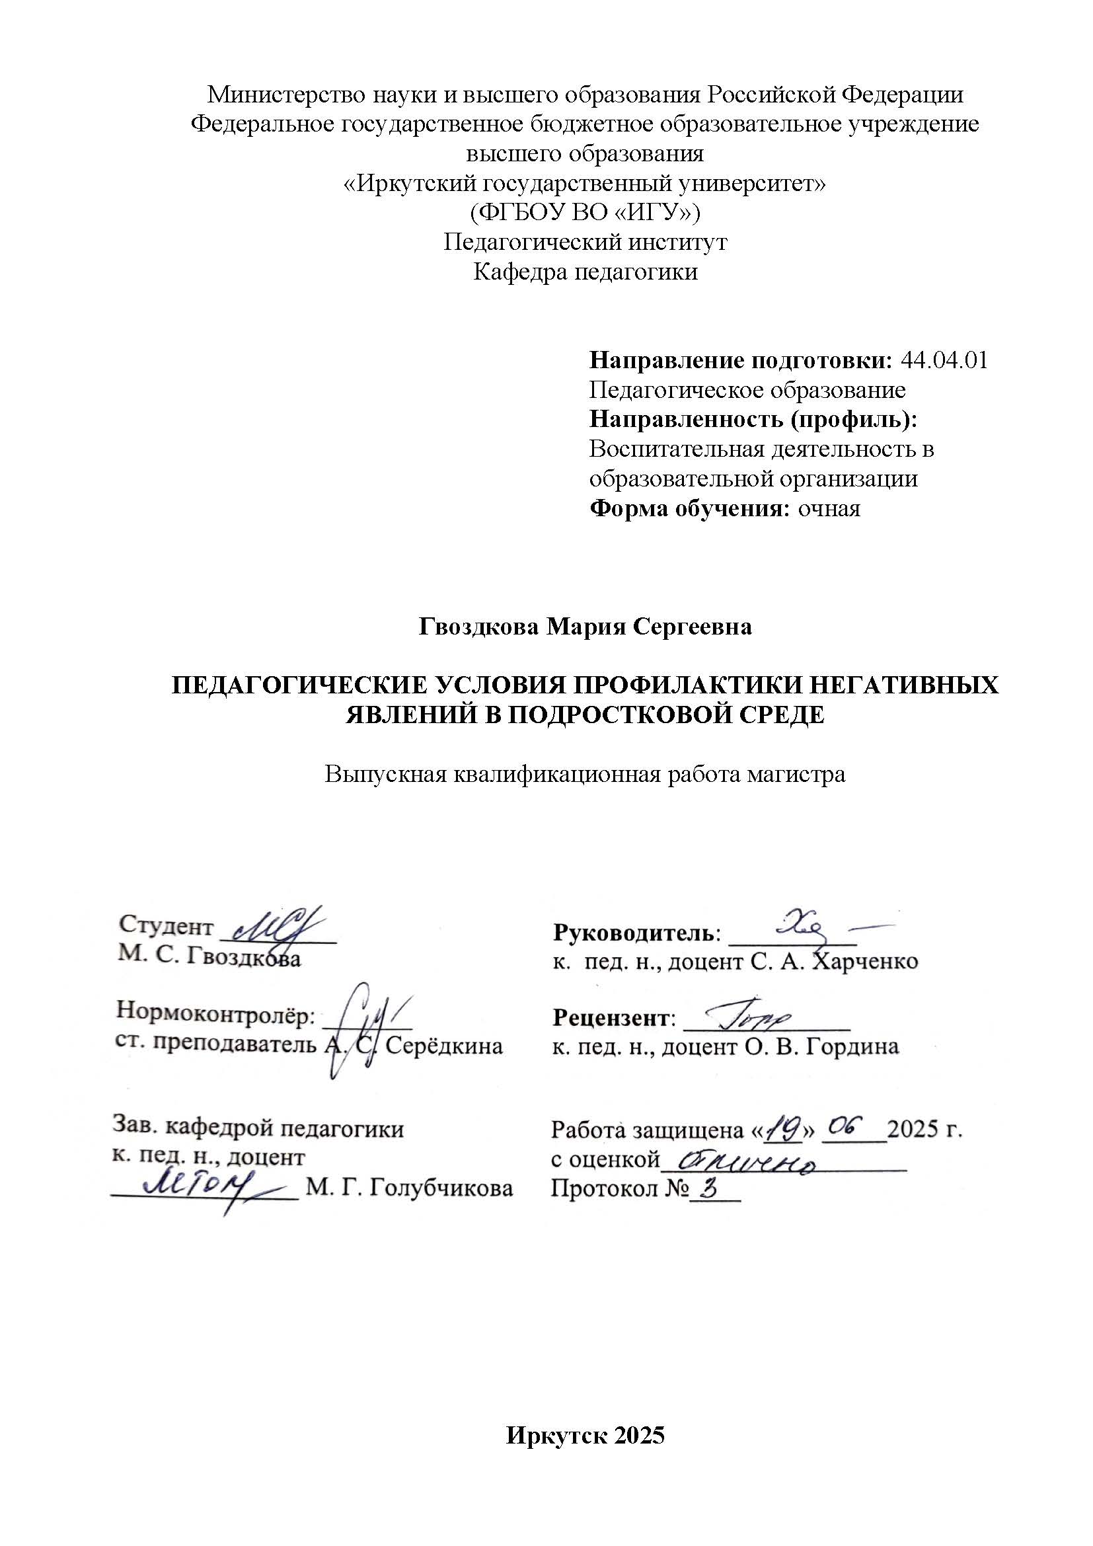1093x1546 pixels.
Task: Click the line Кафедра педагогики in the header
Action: click(585, 272)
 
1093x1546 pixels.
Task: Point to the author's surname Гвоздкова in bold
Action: click(478, 627)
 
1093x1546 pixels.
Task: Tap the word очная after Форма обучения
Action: click(829, 508)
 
